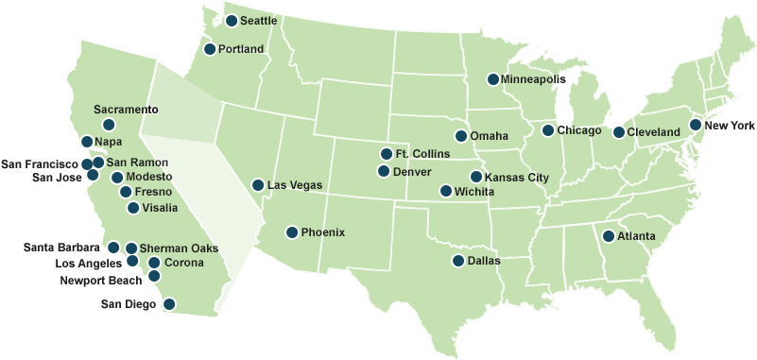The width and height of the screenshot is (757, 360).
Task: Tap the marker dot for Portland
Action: click(210, 49)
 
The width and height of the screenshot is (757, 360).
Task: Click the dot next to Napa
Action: click(87, 142)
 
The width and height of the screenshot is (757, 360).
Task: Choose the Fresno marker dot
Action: click(126, 192)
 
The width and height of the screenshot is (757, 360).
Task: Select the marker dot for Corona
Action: click(154, 262)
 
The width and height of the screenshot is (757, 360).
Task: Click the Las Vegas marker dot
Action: click(258, 185)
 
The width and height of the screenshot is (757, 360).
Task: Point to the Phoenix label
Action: click(323, 232)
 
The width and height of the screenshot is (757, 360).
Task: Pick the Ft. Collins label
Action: click(422, 154)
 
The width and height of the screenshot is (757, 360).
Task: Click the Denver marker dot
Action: click(384, 171)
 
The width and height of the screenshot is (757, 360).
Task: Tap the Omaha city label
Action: click(489, 136)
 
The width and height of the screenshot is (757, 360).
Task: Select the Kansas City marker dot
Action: click(475, 177)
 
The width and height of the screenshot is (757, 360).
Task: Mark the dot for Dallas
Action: click(458, 261)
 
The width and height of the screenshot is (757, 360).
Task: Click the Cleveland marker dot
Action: click(618, 132)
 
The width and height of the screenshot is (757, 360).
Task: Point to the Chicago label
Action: click(579, 130)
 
